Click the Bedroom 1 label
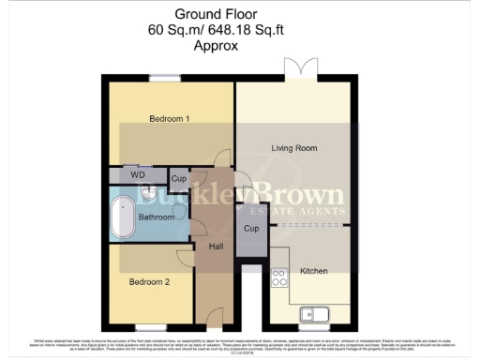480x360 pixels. pos(170,119)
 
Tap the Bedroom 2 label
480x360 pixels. pos(150,282)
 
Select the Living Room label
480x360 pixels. pos(293,148)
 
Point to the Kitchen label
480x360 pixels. pos(312,271)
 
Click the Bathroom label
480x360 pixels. pos(157,217)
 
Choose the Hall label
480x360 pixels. pos(216,247)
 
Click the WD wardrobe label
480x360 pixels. pos(137,175)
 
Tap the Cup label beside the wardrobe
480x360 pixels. pos(178,178)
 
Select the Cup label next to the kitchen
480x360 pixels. pos(250,229)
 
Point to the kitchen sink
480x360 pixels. pos(313,313)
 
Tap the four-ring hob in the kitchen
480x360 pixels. pos(278,277)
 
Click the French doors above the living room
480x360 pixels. pos(296,71)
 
